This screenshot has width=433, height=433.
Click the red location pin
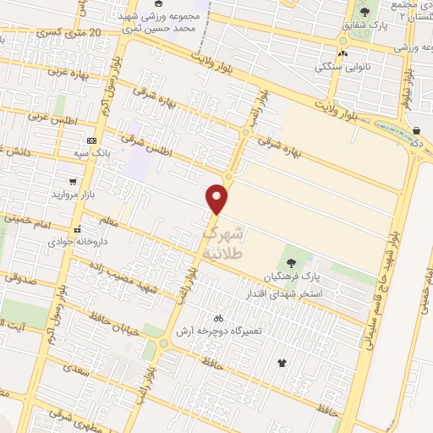218,198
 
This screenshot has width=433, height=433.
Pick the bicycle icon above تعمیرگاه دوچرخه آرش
218,319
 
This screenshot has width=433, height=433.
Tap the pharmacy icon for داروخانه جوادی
77,228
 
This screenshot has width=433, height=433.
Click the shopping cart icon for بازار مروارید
74,181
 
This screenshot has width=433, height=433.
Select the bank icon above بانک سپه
92,140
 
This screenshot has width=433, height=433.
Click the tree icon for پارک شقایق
364,12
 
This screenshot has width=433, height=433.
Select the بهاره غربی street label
41,74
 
